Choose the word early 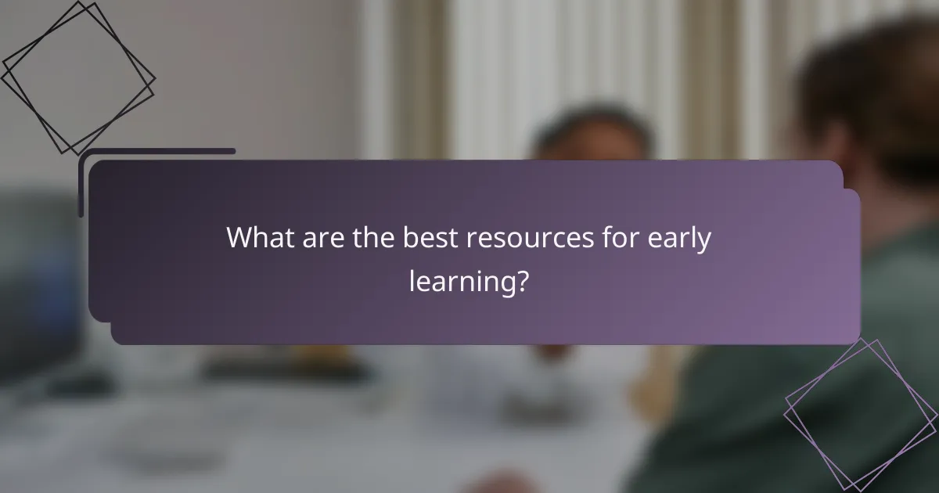(679, 239)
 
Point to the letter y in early (705, 243)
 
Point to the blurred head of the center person (592, 133)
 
